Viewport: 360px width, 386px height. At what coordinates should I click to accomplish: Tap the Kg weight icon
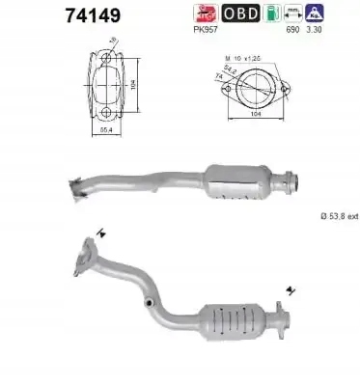(x=315, y=14)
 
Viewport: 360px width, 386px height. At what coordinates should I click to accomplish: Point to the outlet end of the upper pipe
(x=287, y=177)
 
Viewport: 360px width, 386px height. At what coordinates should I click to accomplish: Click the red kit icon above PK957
(x=204, y=14)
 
